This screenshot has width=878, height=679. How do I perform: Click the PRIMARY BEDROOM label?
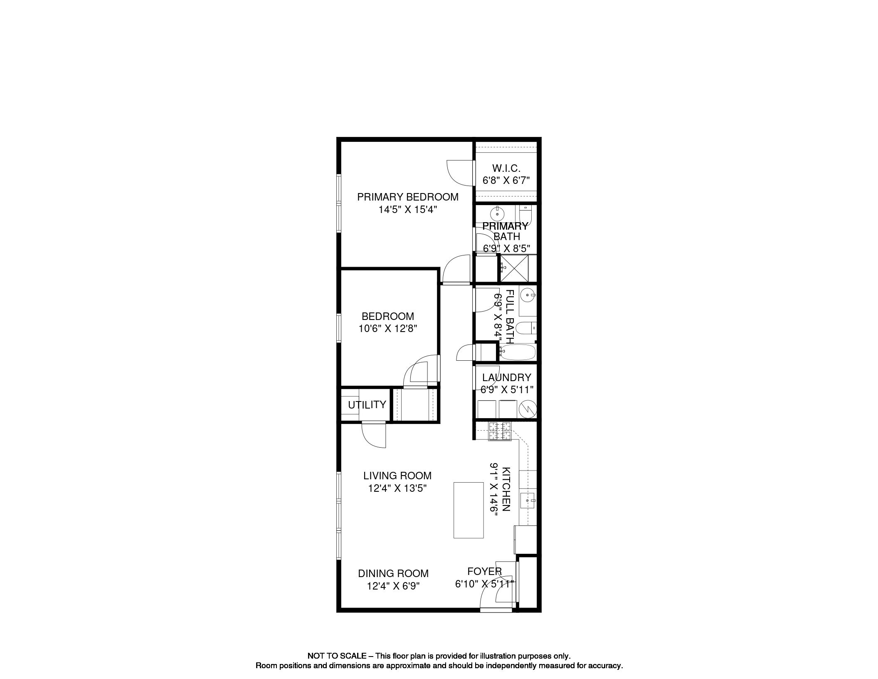pyautogui.click(x=408, y=197)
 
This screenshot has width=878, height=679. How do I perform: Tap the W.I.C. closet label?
pyautogui.click(x=506, y=169)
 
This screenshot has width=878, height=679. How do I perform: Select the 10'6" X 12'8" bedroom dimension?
pyautogui.click(x=388, y=329)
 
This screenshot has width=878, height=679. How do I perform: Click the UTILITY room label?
pyautogui.click(x=367, y=405)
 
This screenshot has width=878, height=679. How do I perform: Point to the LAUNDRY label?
pyautogui.click(x=506, y=377)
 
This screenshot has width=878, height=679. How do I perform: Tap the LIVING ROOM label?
pyautogui.click(x=397, y=476)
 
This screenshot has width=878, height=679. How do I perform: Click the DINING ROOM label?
pyautogui.click(x=393, y=573)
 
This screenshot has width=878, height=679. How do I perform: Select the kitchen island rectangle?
pyautogui.click(x=469, y=510)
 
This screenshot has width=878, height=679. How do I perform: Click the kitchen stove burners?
pyautogui.click(x=499, y=431)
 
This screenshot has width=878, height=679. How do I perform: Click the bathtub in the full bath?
pyautogui.click(x=518, y=352)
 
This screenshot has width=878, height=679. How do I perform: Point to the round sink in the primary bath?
pyautogui.click(x=497, y=214)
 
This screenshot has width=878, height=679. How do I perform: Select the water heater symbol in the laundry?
pyautogui.click(x=528, y=409)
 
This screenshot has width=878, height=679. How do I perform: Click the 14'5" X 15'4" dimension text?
pyautogui.click(x=408, y=210)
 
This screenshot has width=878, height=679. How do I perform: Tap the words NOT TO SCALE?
pyautogui.click(x=337, y=656)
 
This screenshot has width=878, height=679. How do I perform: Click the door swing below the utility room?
pyautogui.click(x=83, y=435)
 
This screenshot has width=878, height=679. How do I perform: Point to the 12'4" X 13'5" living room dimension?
pyautogui.click(x=397, y=488)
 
